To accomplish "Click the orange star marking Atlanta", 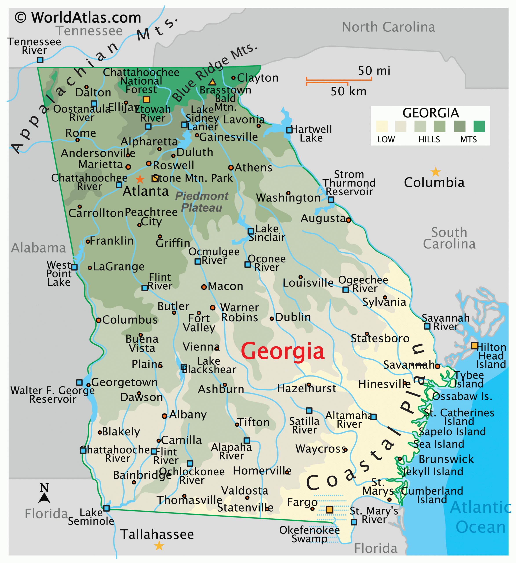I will coord(140,179).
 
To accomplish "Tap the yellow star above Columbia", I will coord(435,172).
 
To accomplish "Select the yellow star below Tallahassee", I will coord(159,545).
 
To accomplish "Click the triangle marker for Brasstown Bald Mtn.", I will coord(212,82).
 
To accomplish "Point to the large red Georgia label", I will coord(283,351).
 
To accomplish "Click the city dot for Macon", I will coord(204,287).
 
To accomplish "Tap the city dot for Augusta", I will coord(348,220).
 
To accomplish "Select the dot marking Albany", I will coord(164,416).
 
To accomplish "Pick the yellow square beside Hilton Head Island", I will coord(474,345).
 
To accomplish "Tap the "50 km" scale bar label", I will coord(348,91).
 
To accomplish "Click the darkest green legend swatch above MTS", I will coord(479,126).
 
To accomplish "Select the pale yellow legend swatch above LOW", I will coord(382,126).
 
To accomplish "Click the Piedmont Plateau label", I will coord(202,202).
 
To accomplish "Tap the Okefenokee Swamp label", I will coord(309,534).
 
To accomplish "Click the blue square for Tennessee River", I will coord(40,60).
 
